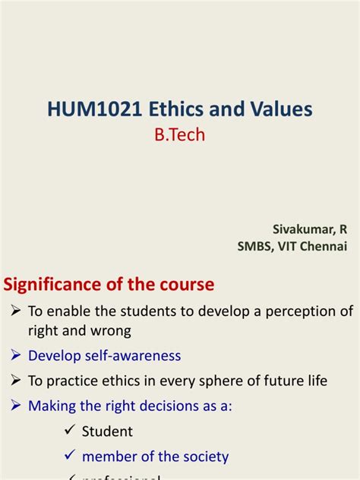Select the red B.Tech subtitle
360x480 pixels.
point(179,134)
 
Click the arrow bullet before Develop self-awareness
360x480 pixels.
point(17,355)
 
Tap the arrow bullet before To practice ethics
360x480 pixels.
point(17,381)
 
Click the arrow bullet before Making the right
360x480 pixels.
point(17,406)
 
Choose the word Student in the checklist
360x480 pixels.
point(107,431)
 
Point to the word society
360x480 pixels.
point(203,456)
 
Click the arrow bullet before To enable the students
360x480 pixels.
point(17,311)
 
